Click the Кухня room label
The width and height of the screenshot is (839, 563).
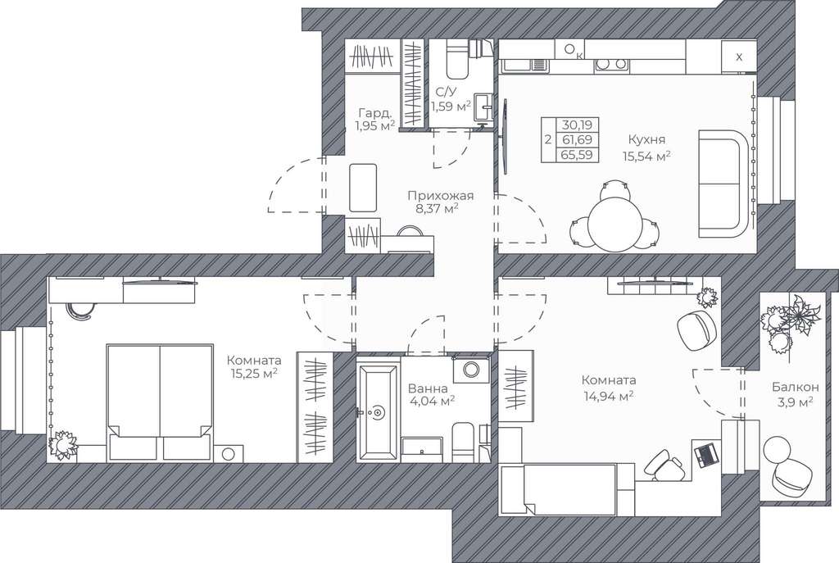(x=646, y=139)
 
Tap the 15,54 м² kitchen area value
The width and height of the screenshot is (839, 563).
(x=646, y=157)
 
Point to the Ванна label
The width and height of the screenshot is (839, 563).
(x=428, y=388)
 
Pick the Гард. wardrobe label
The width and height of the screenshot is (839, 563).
(x=375, y=113)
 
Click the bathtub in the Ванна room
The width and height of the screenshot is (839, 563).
(x=379, y=412)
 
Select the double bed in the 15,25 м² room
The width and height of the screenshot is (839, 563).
(x=160, y=402)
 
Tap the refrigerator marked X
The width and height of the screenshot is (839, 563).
(x=738, y=57)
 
